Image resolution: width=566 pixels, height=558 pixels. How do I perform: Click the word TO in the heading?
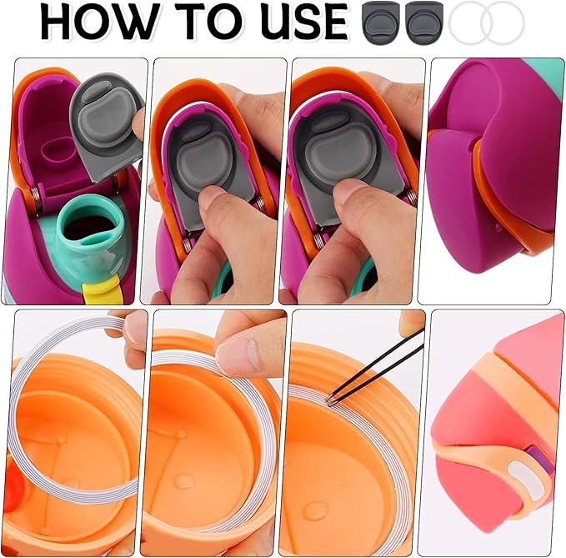[214, 22]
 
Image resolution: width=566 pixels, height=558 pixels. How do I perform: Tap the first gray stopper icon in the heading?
[382, 23]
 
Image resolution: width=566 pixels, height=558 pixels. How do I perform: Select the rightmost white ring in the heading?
[503, 23]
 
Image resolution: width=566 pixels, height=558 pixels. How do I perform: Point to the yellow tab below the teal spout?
[100, 290]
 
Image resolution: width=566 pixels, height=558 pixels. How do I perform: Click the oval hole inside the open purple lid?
[55, 151]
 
